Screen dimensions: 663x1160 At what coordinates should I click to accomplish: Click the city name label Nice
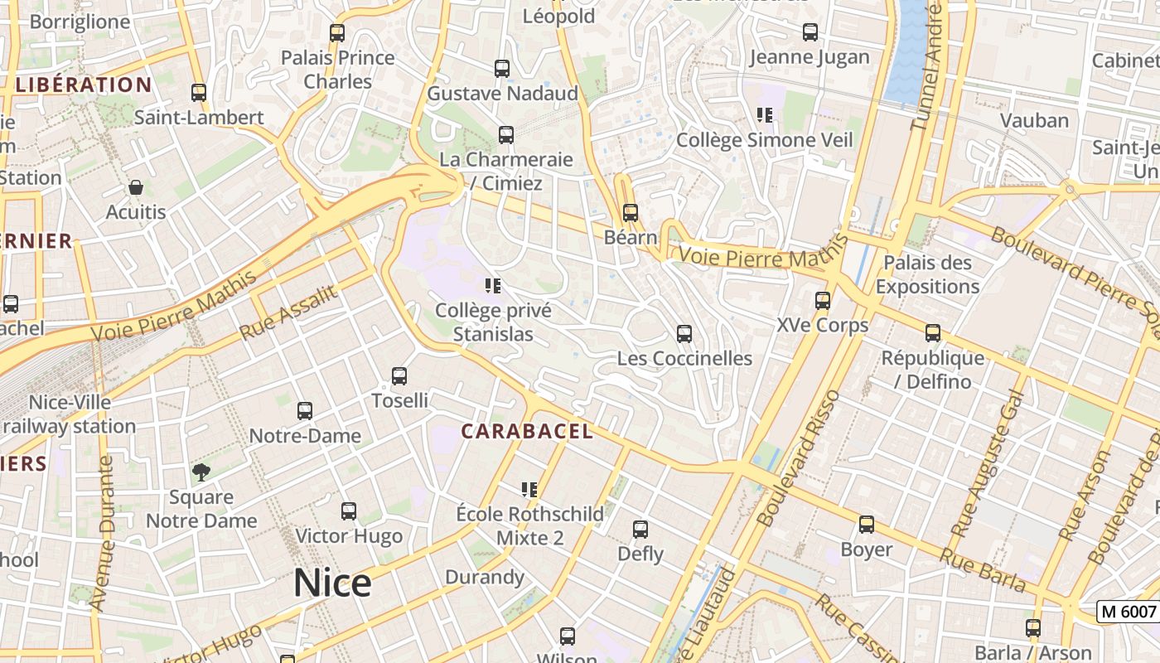[x=332, y=583]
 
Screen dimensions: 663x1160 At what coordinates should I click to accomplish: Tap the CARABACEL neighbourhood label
[x=527, y=431]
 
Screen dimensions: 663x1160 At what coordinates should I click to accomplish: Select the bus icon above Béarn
[x=631, y=213]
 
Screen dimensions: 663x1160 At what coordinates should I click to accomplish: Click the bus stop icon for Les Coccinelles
[x=684, y=334]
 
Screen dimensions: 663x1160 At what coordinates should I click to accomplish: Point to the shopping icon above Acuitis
[x=136, y=188]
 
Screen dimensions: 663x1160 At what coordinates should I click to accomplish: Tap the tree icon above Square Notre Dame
[x=201, y=472]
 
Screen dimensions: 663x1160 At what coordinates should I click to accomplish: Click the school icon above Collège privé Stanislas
[x=493, y=287]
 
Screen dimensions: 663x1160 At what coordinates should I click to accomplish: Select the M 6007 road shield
[x=1127, y=612]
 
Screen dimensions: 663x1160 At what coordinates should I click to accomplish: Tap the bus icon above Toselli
[x=399, y=376]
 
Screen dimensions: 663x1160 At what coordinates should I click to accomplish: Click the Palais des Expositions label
[x=927, y=275]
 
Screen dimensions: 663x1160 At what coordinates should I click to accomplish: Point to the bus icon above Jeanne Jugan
[x=810, y=32]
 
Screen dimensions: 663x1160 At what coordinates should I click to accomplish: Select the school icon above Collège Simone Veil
[x=765, y=115]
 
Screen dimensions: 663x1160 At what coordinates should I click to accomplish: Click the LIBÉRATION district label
[x=84, y=85]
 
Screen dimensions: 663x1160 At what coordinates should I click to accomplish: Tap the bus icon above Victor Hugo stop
[x=349, y=511]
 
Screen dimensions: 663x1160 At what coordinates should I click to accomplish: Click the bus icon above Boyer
[x=867, y=525]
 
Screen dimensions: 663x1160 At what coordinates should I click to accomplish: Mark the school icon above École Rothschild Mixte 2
[x=530, y=490]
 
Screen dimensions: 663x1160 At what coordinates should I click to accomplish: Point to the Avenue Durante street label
[x=102, y=532]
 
